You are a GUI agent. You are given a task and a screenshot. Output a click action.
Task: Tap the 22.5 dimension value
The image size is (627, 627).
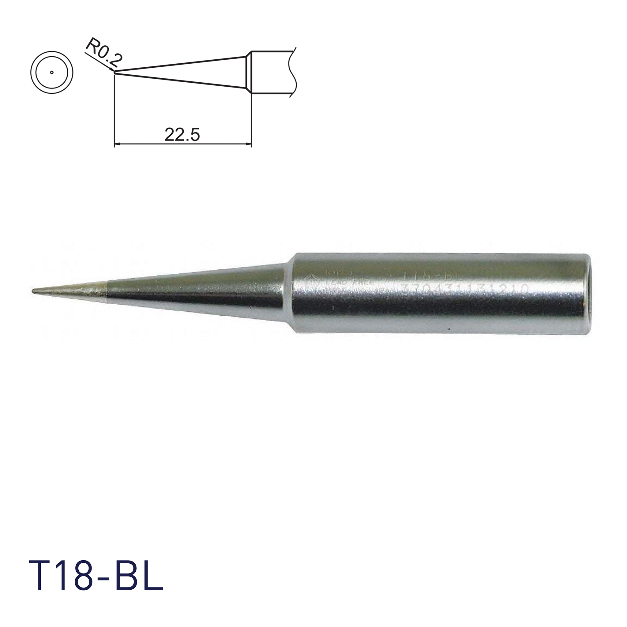[x=182, y=135]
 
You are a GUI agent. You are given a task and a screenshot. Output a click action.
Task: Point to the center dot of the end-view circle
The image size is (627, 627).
[x=52, y=72]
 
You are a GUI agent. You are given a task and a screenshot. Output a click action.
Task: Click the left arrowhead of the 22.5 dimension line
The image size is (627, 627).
[x=118, y=144]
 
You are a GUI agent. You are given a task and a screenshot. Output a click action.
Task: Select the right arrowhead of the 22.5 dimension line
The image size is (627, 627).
[x=249, y=144]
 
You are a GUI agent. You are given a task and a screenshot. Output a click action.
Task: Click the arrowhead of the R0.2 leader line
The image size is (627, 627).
[x=112, y=70]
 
